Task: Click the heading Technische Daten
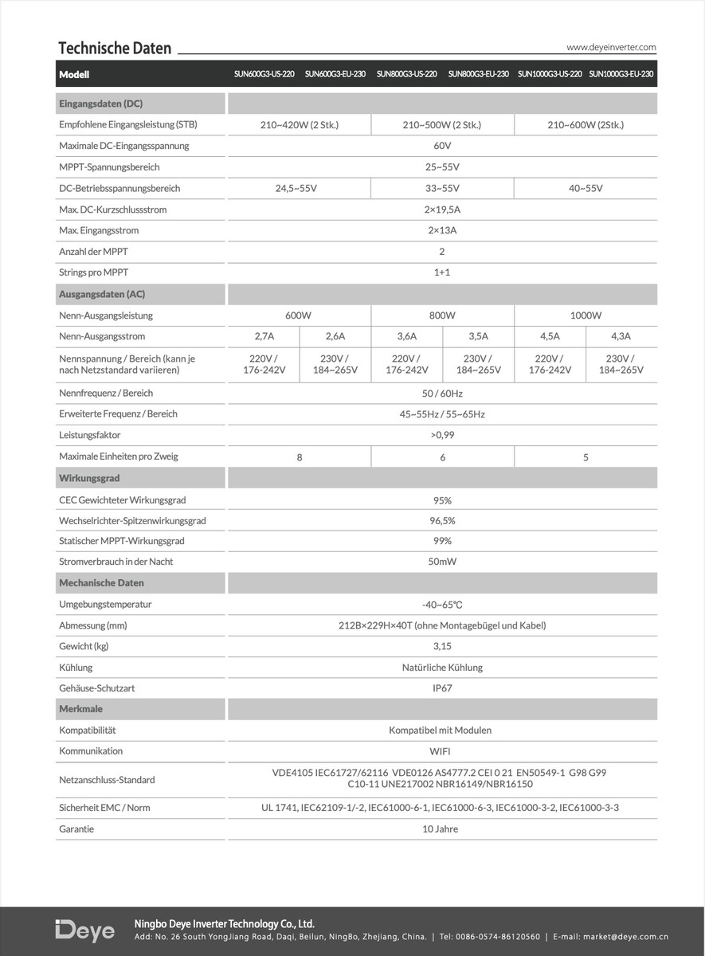click(x=115, y=49)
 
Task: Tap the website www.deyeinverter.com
click(x=611, y=48)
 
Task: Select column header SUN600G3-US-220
click(x=264, y=74)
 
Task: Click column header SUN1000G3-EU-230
click(x=621, y=74)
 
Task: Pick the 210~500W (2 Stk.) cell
click(x=442, y=125)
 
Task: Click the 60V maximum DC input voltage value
click(x=442, y=147)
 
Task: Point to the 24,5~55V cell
click(x=299, y=189)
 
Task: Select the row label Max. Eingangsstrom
click(x=99, y=231)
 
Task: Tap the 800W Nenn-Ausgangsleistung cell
click(x=442, y=315)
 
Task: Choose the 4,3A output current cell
click(x=621, y=337)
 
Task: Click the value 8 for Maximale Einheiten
click(x=300, y=457)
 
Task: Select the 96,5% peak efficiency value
click(x=442, y=521)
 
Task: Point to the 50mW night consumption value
click(x=442, y=562)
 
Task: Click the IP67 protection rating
click(x=442, y=688)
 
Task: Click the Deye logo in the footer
click(x=85, y=931)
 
